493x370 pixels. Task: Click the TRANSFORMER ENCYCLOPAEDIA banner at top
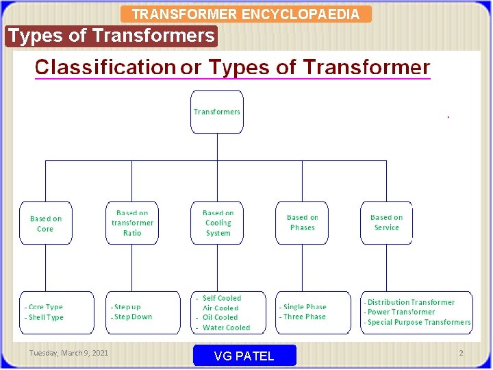[x=245, y=14]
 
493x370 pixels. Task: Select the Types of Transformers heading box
[x=111, y=36]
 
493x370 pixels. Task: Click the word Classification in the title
[x=105, y=67]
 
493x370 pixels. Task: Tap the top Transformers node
[x=217, y=112]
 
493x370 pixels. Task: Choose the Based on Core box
[x=46, y=223]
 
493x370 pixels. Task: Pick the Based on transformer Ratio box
[x=132, y=223]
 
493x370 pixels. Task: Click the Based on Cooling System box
[x=218, y=223]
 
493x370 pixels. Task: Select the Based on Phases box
[x=302, y=223]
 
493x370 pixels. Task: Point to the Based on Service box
[x=387, y=223]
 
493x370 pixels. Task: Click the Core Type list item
[x=46, y=308]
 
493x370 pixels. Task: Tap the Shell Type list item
[x=46, y=318]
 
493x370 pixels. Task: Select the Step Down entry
[x=133, y=317]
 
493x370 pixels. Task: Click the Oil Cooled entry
[x=220, y=318]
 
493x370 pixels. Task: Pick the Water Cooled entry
[x=227, y=328]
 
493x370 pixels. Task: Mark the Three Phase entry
[x=305, y=317]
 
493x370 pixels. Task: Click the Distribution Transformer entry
[x=411, y=302]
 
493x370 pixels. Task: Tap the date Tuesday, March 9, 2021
[x=68, y=353]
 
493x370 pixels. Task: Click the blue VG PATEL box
[x=244, y=356]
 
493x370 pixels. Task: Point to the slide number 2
[x=461, y=353]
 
